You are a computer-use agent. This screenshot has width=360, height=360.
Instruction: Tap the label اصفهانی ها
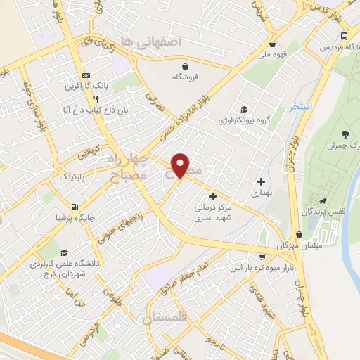(x=150, y=41)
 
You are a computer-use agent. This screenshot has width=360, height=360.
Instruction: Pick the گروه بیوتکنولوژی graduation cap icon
(x=243, y=109)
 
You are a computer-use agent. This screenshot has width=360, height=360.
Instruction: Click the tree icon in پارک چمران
(x=345, y=134)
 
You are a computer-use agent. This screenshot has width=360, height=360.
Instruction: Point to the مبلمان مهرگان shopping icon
(x=300, y=235)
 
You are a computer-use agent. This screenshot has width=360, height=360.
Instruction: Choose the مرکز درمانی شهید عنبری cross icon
(x=213, y=196)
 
